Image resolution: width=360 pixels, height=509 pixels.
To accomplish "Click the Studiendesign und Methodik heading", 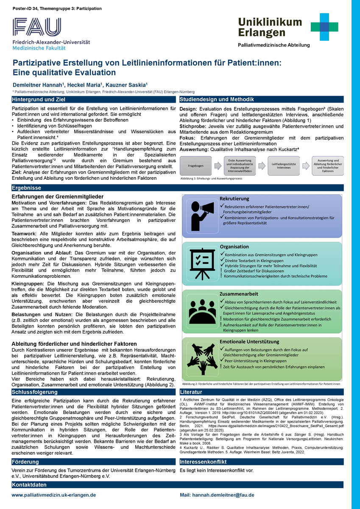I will [x=217, y=100].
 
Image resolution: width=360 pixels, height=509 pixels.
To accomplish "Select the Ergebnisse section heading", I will [x=26, y=187].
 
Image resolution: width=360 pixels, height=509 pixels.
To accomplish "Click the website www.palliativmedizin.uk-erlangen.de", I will [x=53, y=495].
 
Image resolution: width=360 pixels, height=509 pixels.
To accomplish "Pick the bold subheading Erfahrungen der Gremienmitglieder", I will [x=58, y=197].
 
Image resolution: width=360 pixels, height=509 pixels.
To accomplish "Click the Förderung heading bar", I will [x=25, y=461].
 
